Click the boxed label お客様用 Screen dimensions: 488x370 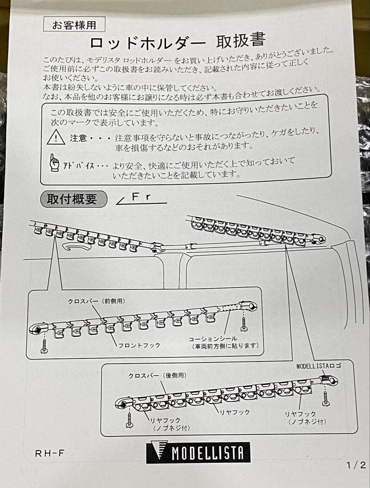74,25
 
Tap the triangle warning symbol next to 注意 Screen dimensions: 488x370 56,137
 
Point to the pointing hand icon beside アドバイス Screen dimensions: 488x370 55,163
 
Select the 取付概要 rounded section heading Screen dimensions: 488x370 74,199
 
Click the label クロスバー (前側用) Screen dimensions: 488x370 96,301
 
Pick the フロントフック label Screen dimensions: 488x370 139,345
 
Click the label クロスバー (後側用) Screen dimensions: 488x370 157,375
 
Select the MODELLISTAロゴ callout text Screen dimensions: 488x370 319,366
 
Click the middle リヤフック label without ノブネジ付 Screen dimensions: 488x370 234,412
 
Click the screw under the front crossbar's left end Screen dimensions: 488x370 44,345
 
